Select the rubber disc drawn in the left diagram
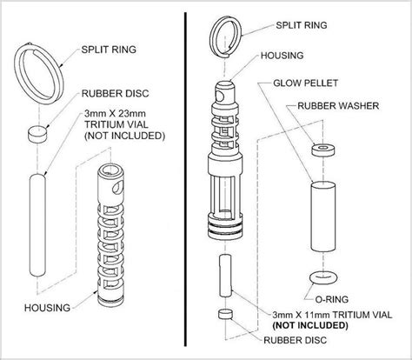click(37, 134)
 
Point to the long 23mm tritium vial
click(37, 225)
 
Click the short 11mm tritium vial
click(225, 276)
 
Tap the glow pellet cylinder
click(323, 216)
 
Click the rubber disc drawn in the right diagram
click(225, 314)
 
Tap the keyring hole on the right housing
click(219, 97)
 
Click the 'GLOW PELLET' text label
click(306, 83)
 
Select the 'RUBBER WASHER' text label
click(338, 106)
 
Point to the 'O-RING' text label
click(331, 299)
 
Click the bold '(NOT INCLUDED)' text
click(310, 325)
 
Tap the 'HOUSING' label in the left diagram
click(47, 308)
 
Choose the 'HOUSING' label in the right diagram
click(282, 56)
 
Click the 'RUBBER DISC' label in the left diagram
click(115, 94)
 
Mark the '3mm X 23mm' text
click(115, 113)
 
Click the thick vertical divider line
click(185, 179)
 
